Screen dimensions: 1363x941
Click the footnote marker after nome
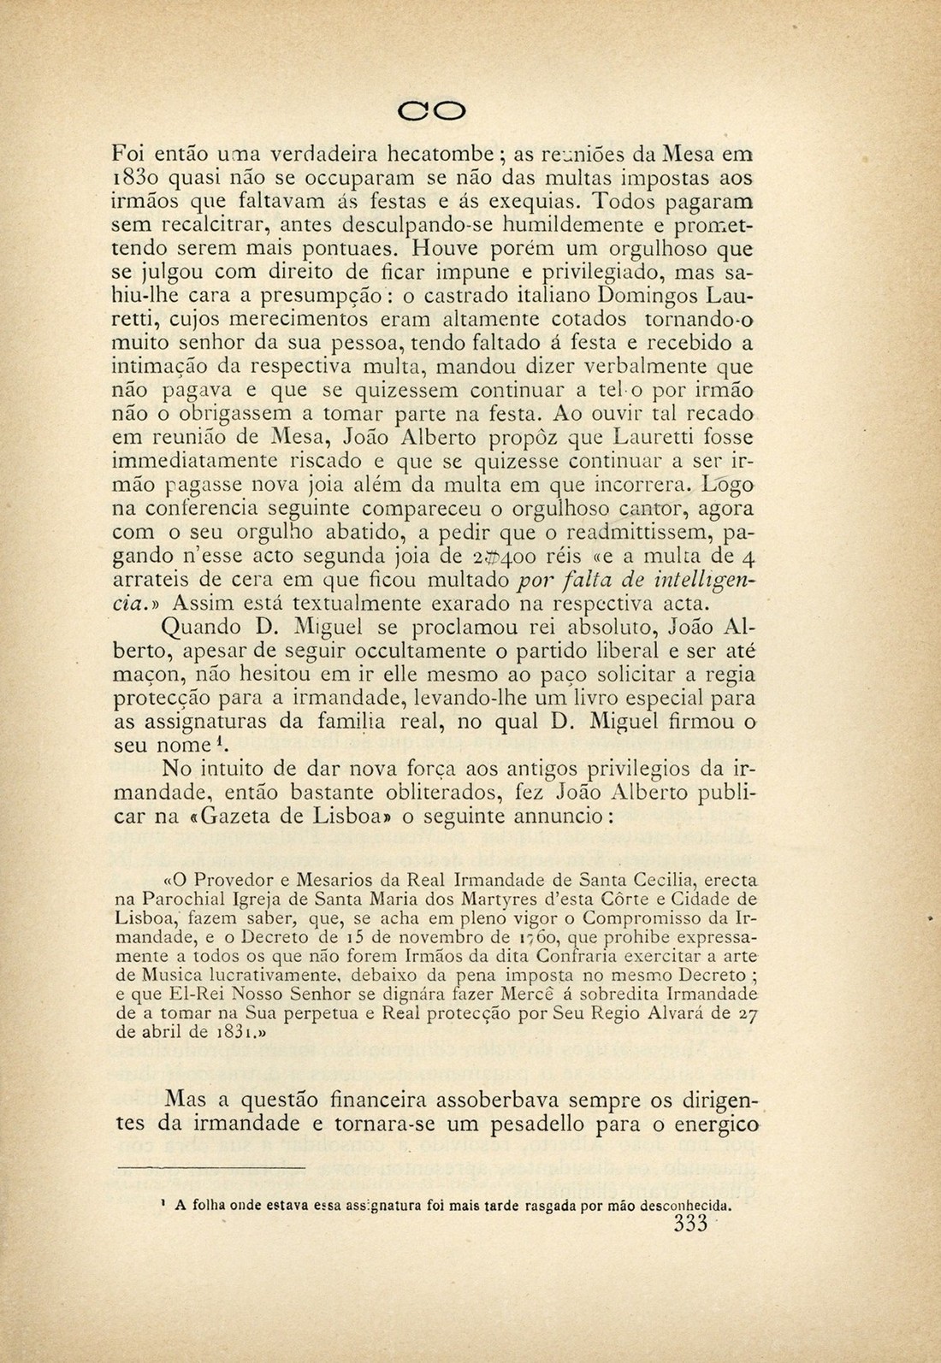click(x=219, y=740)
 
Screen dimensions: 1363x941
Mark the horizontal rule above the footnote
click(x=210, y=1166)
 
